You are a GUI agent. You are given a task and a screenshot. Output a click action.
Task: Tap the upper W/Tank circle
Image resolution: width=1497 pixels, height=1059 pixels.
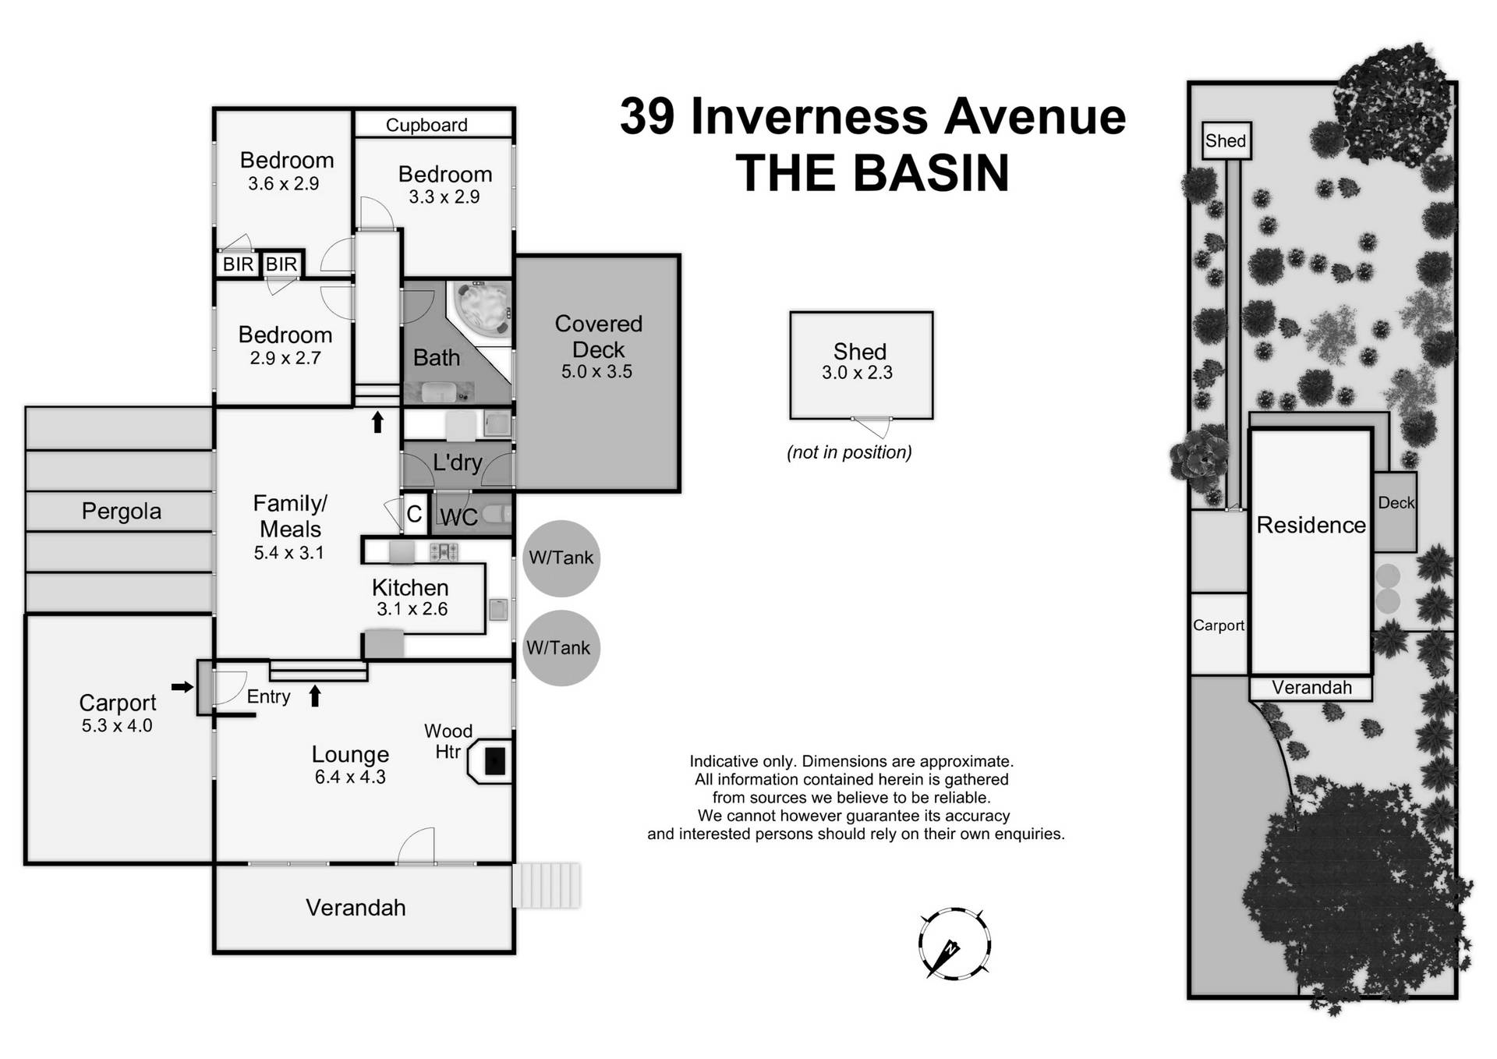(561, 558)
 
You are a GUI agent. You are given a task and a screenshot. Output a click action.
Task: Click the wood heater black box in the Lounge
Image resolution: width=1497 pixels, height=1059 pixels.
(495, 761)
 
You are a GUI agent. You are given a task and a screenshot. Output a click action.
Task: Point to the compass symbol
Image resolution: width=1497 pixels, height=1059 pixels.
(954, 944)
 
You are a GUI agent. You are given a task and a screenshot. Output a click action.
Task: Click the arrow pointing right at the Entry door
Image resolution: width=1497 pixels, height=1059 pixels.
(182, 687)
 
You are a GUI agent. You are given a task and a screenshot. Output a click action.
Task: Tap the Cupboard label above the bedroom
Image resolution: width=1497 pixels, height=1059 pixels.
(426, 126)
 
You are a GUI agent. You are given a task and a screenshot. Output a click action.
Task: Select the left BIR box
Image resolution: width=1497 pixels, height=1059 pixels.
(238, 264)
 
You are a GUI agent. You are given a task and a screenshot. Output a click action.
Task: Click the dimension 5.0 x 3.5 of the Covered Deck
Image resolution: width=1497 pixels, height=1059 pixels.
(596, 372)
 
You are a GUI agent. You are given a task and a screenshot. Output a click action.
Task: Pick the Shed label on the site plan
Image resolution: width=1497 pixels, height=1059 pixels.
(1226, 141)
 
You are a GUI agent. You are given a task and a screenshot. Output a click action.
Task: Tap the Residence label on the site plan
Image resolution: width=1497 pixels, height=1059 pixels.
(1311, 526)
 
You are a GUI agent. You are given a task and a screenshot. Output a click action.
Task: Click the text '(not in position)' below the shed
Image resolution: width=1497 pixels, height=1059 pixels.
(849, 452)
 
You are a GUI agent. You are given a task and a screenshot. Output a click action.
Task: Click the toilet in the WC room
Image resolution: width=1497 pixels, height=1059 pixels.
(497, 514)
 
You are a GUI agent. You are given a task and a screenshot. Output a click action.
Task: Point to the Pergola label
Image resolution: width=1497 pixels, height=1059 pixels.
(122, 512)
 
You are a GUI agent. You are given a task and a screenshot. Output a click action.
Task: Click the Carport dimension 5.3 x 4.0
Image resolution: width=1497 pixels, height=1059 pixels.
(117, 726)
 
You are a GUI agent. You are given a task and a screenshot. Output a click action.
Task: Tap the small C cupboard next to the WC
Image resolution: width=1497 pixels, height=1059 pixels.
(414, 514)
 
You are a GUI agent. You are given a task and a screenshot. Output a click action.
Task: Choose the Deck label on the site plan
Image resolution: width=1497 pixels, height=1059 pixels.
(1396, 503)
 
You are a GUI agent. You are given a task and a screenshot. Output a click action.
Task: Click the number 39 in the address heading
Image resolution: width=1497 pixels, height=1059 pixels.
(647, 117)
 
